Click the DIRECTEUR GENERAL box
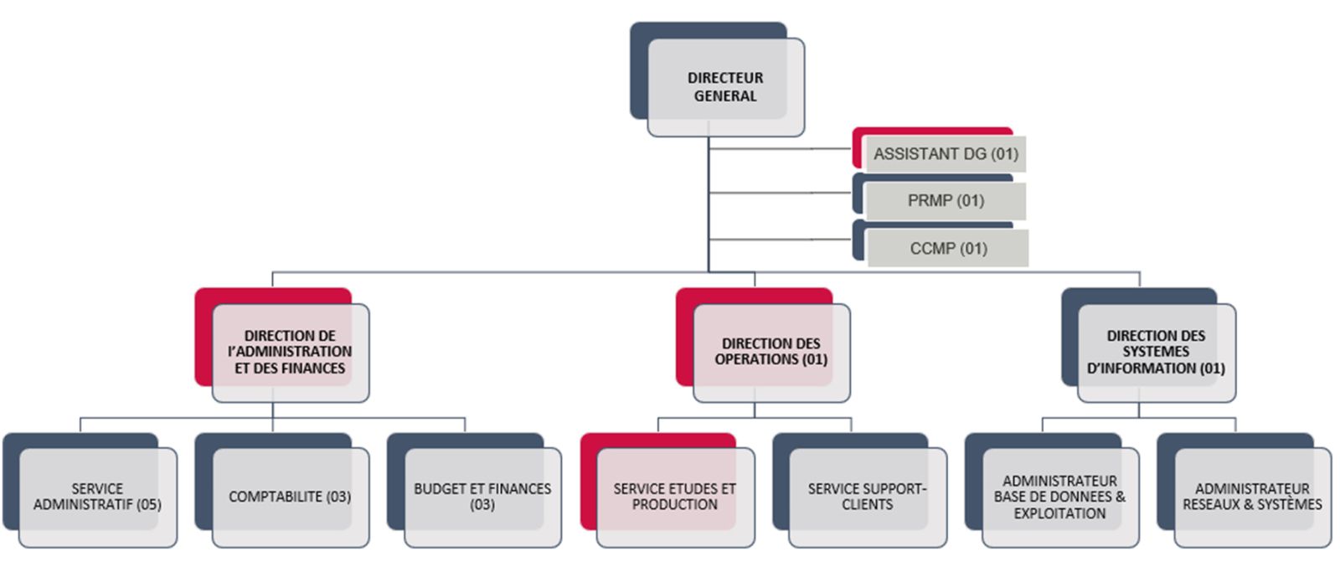pos(725,87)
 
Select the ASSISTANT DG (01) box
pos(946,154)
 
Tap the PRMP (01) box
pos(946,201)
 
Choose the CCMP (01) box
pos(948,249)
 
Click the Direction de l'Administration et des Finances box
pos(290,352)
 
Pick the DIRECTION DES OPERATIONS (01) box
pos(771,352)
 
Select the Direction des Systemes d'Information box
pos(1156,352)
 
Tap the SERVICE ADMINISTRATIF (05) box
pos(97,497)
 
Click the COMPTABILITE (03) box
pos(290,497)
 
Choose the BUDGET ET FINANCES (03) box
pos(482,497)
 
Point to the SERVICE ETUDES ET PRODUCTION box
pos(675,497)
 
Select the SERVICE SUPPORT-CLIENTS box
pos(868,497)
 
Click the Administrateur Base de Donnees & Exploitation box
pos(1059,497)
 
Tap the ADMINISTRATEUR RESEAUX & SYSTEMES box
pos(1252,497)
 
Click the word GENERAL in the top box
pos(725,96)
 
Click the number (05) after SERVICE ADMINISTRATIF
pos(149,505)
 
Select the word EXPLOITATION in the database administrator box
pos(1059,513)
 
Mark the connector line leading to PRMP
pos(779,193)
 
